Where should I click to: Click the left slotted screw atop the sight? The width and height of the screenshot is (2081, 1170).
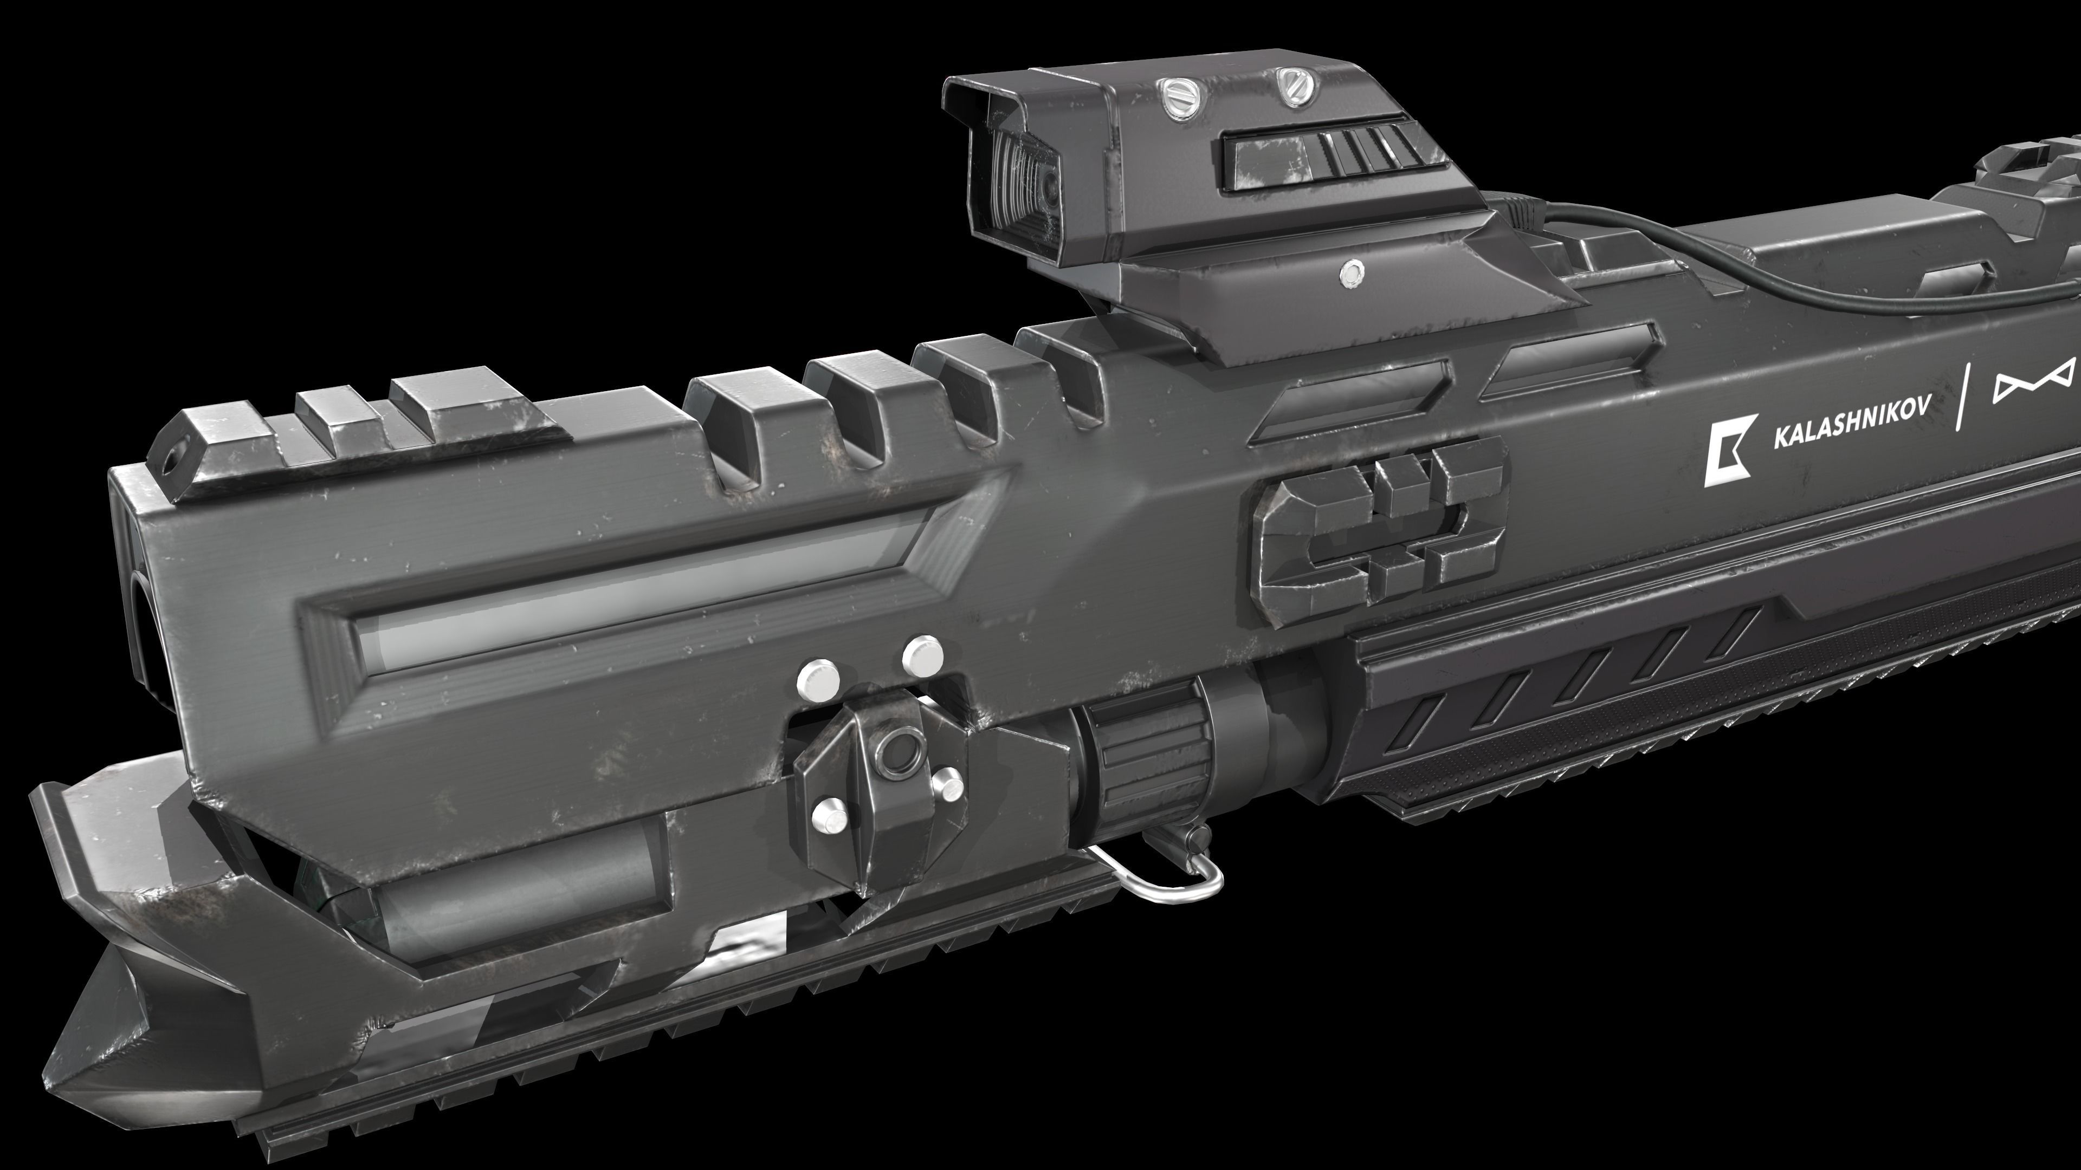tap(1174, 94)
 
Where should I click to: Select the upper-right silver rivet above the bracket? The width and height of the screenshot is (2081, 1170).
tap(922, 655)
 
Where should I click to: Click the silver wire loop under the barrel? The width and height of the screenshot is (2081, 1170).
tap(1164, 881)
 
